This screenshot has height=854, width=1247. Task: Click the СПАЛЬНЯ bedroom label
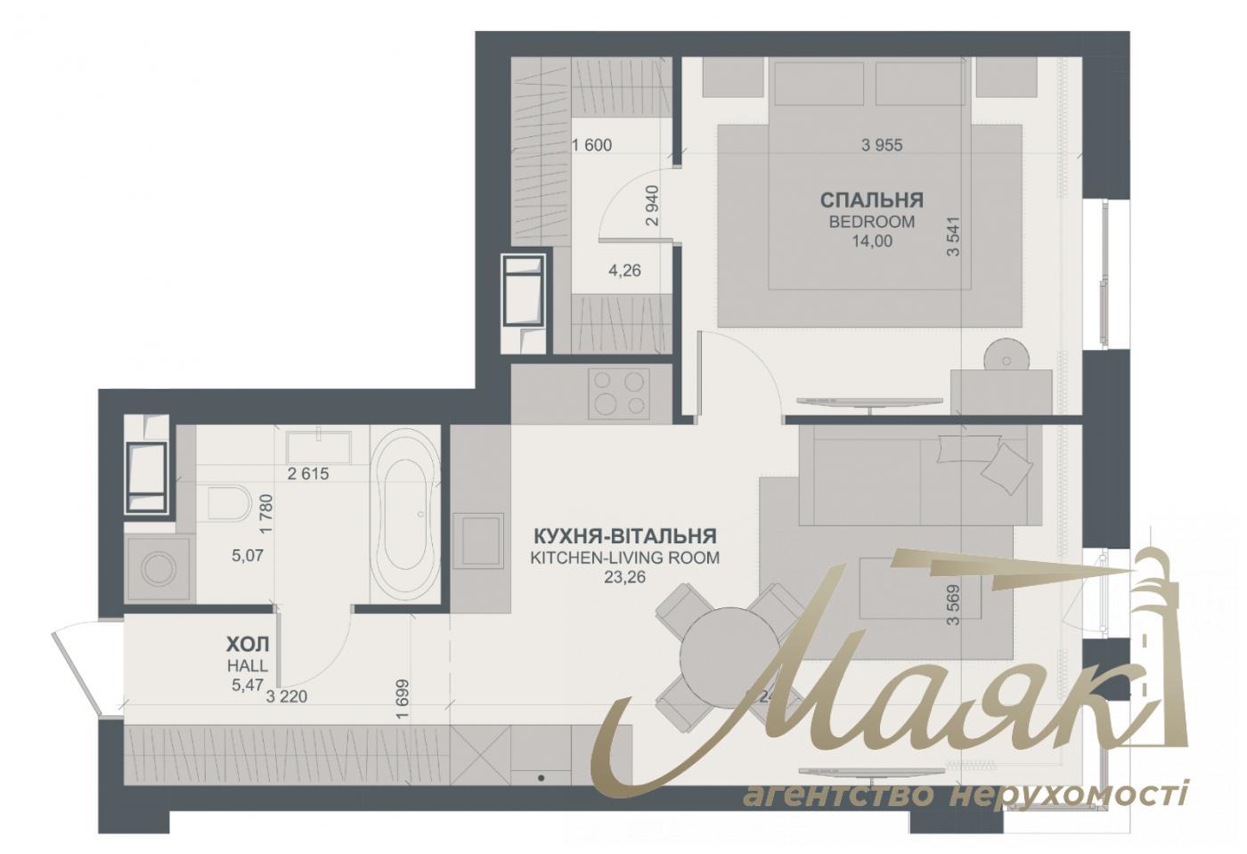point(871,199)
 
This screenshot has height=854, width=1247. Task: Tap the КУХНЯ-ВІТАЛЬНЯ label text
point(624,536)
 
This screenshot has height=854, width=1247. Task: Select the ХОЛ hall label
point(247,644)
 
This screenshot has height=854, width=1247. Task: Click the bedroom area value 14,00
point(871,240)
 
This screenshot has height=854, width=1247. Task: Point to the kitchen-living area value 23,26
point(623,577)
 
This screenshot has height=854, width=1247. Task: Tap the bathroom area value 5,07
point(248,556)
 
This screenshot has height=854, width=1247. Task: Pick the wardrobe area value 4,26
point(624,271)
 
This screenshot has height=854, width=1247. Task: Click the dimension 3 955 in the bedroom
point(882,145)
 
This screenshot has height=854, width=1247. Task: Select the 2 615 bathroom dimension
point(308,474)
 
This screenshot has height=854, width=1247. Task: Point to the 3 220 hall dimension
point(287,696)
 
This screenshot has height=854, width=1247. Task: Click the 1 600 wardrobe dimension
point(592,145)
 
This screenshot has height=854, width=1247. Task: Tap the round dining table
point(729,656)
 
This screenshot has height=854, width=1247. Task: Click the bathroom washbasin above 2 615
point(318,443)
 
